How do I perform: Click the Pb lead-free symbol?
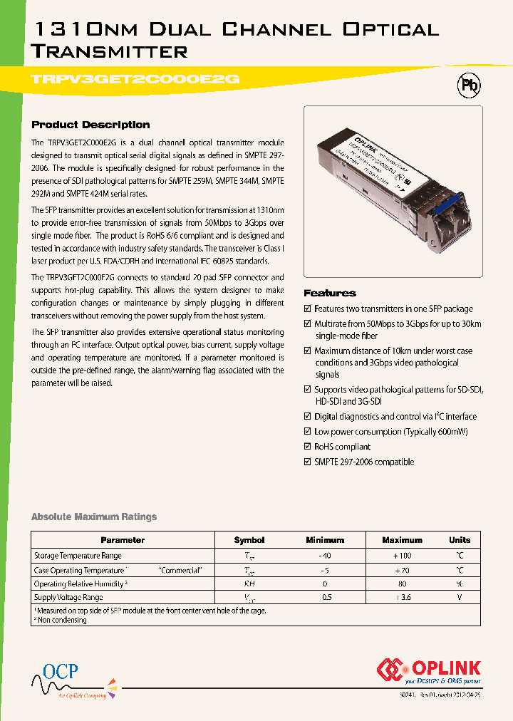point(468,85)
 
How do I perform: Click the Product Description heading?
point(90,125)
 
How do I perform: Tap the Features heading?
point(329,293)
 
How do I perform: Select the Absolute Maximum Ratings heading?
point(94,517)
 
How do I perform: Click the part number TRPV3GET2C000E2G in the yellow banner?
point(135,80)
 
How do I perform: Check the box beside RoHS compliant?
point(308,447)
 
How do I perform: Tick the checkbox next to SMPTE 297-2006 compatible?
point(308,462)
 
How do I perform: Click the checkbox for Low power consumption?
point(308,432)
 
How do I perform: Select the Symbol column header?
point(249,540)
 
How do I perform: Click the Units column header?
point(460,540)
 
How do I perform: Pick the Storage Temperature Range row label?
point(78,556)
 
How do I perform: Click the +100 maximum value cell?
point(402,556)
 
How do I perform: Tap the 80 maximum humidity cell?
point(402,583)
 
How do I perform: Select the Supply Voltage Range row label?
point(68,598)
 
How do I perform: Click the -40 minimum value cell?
point(324,556)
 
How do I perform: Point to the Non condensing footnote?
point(61,620)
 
